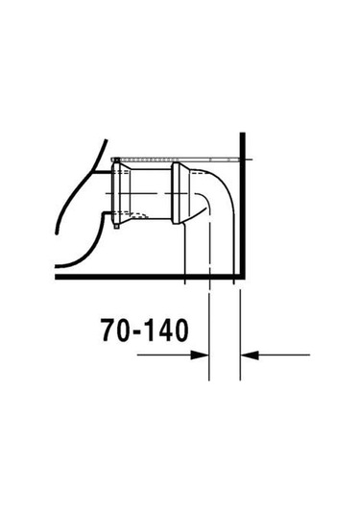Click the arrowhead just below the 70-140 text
(x=203, y=355)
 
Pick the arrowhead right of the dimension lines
(x=249, y=355)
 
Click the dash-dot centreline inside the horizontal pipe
(x=149, y=206)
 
